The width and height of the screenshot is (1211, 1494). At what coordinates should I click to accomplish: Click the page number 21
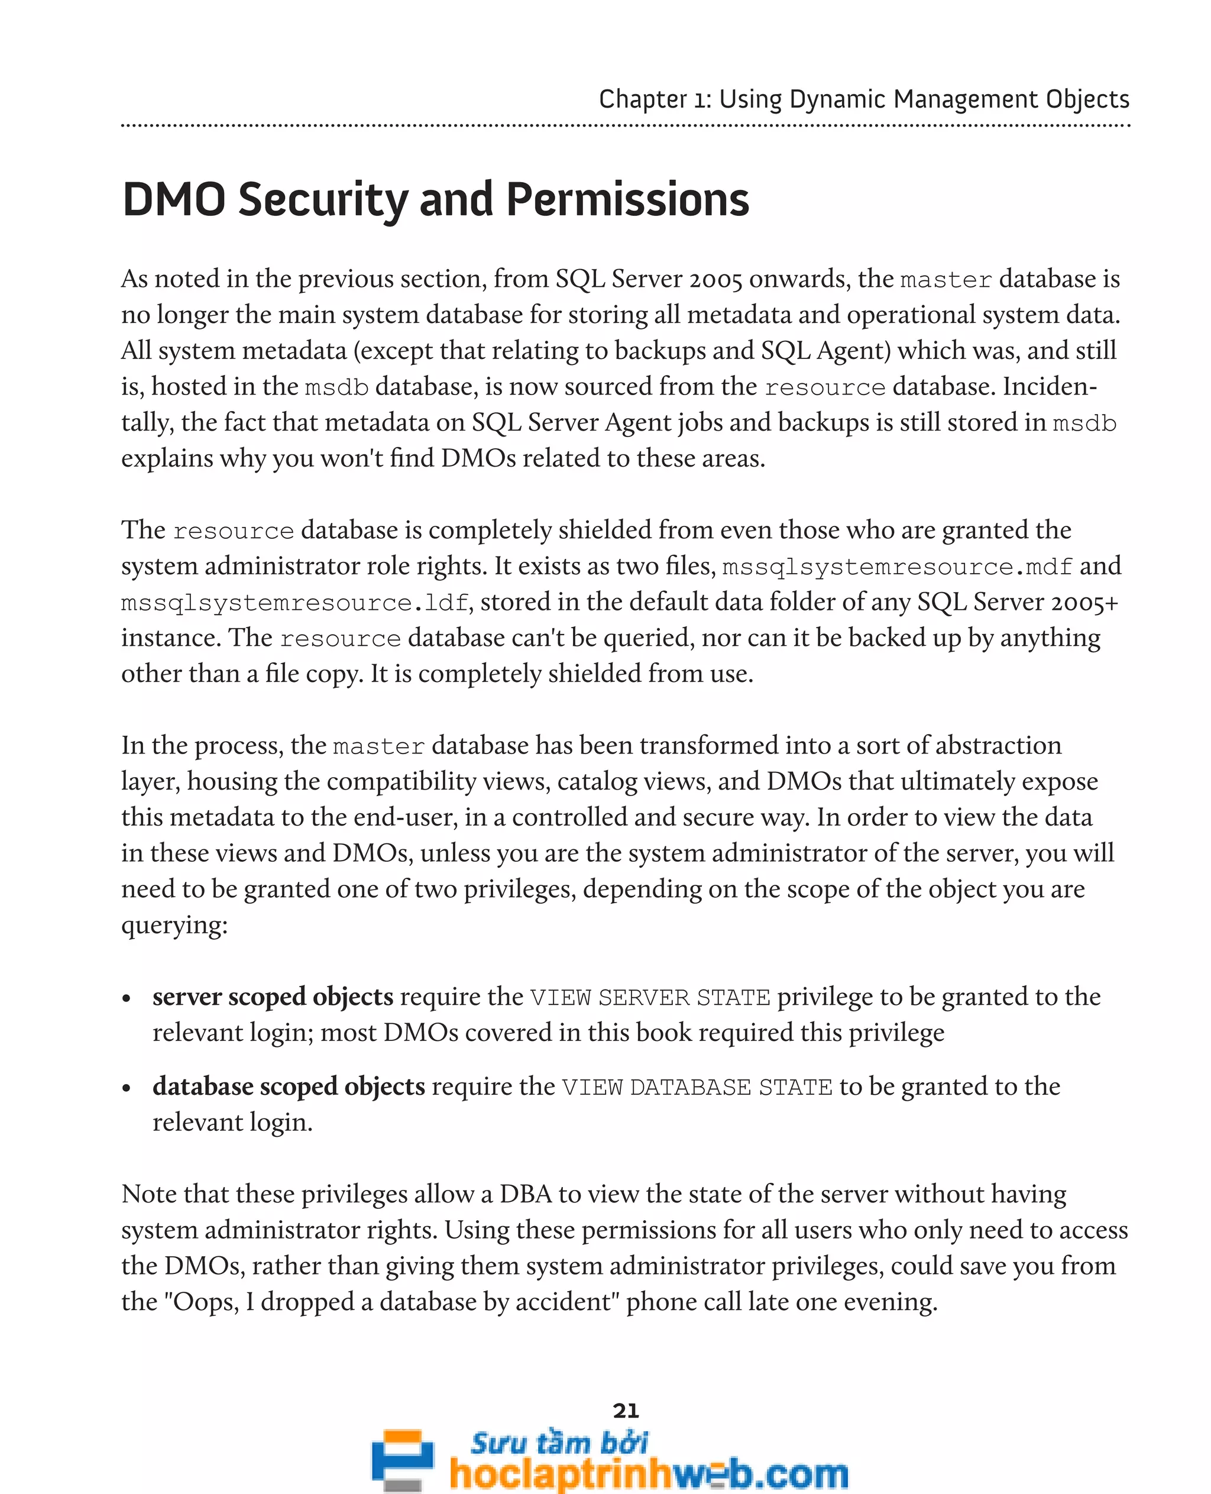coord(626,1411)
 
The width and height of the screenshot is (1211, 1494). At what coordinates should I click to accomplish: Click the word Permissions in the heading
coord(627,201)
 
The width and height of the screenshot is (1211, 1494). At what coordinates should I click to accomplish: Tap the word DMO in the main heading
coord(174,201)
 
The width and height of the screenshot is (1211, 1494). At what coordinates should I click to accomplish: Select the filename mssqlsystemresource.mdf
coord(896,567)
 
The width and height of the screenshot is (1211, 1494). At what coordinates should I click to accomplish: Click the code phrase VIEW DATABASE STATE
coord(697,1087)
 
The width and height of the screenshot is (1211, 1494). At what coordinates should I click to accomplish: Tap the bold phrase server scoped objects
coord(273,997)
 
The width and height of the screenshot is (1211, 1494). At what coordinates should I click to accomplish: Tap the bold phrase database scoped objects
coord(288,1086)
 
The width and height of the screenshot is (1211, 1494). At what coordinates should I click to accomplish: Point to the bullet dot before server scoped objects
coord(127,998)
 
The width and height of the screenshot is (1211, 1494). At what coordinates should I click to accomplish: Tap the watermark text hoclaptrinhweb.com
coord(648,1472)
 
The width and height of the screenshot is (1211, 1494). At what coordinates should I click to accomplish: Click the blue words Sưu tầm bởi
coord(559,1443)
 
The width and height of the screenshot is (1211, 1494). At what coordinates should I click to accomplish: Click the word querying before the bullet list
coord(174,925)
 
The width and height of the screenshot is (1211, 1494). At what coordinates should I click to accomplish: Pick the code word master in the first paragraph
coord(946,280)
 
